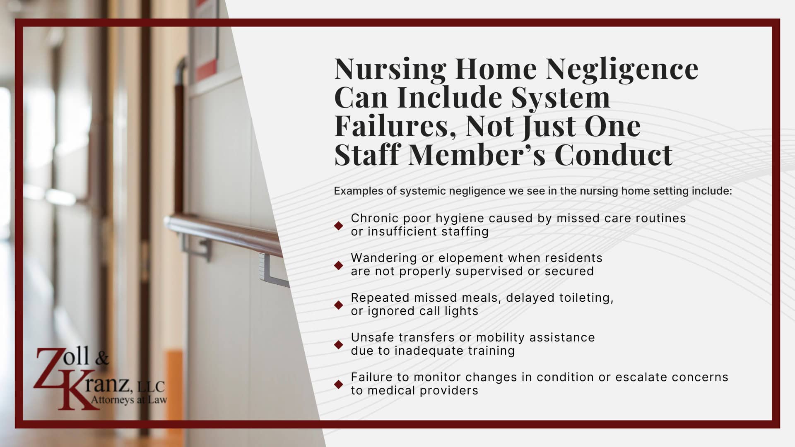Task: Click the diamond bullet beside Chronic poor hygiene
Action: pos(339,225)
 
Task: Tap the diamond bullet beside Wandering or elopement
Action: pos(339,265)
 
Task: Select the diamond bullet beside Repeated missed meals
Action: pos(339,305)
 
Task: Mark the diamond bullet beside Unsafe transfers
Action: pos(339,344)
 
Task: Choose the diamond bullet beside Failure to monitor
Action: pos(339,384)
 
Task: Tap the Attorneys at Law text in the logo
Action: pos(129,400)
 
